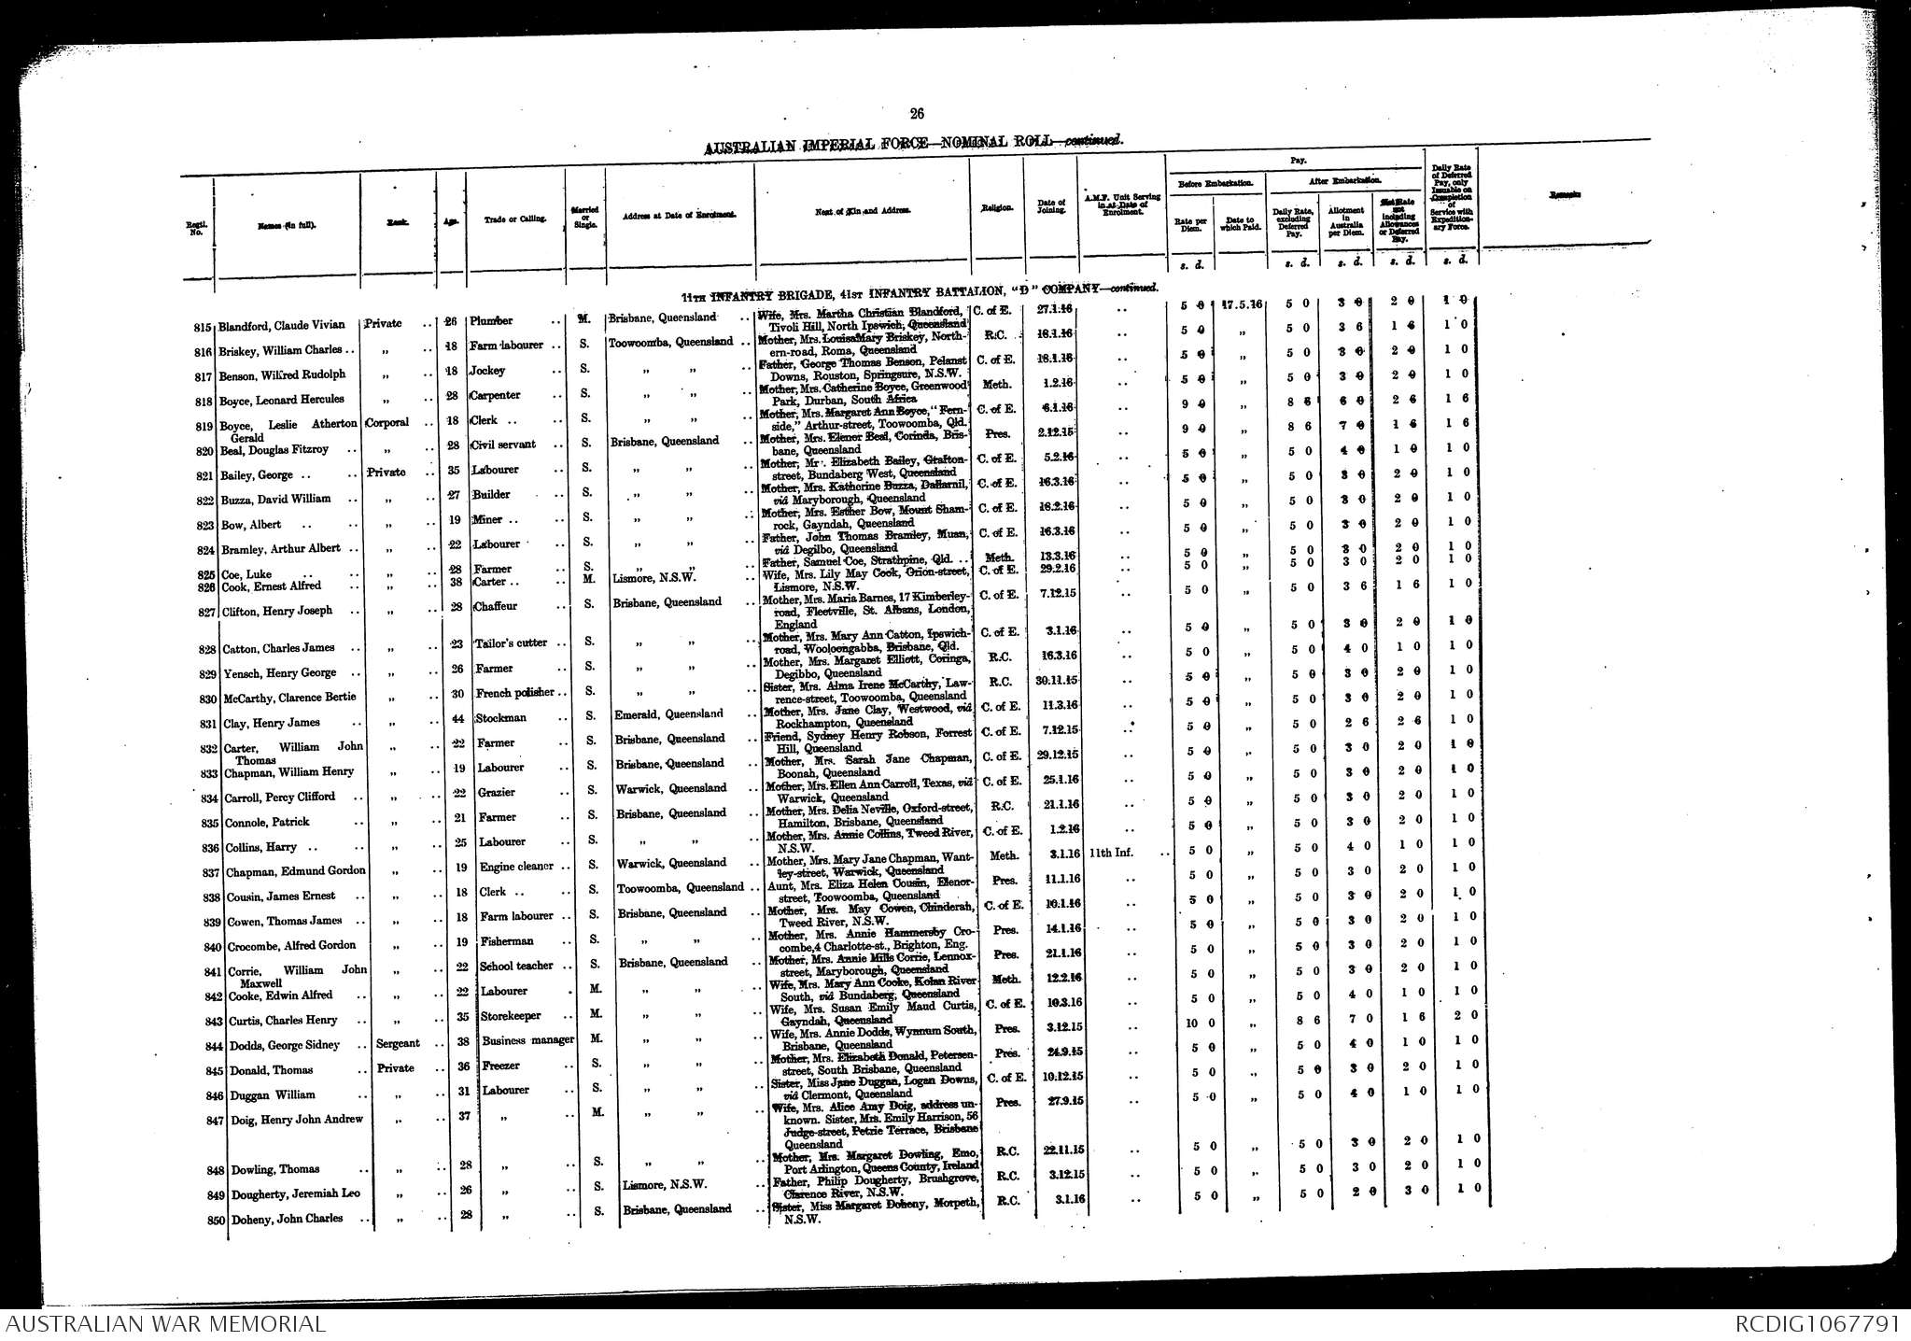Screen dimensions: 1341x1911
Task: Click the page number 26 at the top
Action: tap(917, 114)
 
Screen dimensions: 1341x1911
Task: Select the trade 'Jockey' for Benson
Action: tap(487, 371)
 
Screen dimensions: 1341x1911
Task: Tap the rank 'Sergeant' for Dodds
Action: tap(397, 1043)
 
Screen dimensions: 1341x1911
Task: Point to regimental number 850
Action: tap(217, 1220)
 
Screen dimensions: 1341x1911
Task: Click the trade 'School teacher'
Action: tap(516, 967)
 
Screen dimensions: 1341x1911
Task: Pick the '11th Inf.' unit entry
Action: tap(1113, 853)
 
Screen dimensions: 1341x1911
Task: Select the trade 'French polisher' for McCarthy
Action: tap(514, 693)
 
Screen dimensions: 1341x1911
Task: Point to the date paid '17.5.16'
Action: tap(1242, 304)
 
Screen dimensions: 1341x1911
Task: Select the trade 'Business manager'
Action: tap(527, 1040)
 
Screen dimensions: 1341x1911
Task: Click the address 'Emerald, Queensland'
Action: tap(669, 714)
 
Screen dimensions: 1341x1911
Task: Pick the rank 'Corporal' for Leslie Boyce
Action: tap(386, 422)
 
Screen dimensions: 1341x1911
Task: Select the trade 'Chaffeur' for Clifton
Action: tap(496, 606)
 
